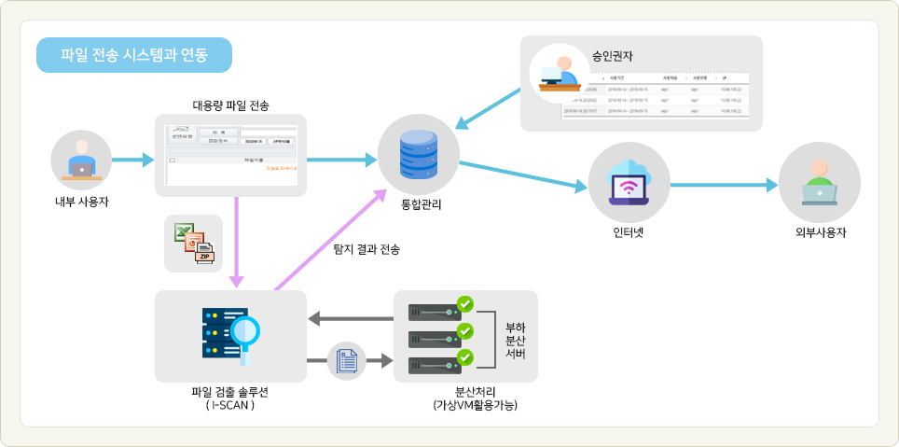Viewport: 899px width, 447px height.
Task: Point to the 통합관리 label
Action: click(x=417, y=203)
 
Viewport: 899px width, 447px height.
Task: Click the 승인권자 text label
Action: click(x=613, y=56)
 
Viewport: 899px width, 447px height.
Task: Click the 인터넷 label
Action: click(x=629, y=232)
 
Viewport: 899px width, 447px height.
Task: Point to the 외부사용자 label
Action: click(x=819, y=232)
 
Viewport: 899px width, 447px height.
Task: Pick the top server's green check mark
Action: click(x=465, y=303)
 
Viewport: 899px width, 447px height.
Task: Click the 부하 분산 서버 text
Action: click(x=515, y=341)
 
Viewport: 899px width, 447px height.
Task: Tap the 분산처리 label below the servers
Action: click(x=475, y=392)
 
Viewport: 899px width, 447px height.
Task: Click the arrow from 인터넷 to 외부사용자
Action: click(x=723, y=185)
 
